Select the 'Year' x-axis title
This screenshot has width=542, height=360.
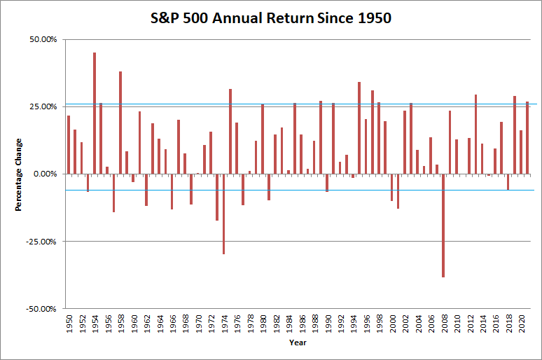coord(297,342)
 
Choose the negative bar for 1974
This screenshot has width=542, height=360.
coord(223,214)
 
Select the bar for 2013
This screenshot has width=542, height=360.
coord(475,134)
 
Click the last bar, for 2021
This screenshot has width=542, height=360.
coord(527,137)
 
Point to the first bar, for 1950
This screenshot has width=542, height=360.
coord(69,144)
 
